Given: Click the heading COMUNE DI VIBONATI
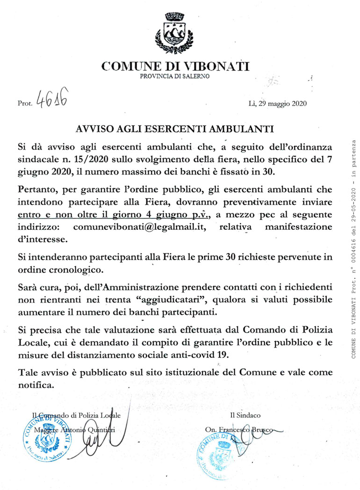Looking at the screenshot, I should (175, 66).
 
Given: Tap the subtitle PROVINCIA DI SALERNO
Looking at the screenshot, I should (175, 76).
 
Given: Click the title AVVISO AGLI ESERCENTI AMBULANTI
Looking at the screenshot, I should (174, 128).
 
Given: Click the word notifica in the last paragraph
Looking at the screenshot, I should (36, 385).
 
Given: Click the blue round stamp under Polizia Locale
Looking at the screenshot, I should (48, 441).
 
